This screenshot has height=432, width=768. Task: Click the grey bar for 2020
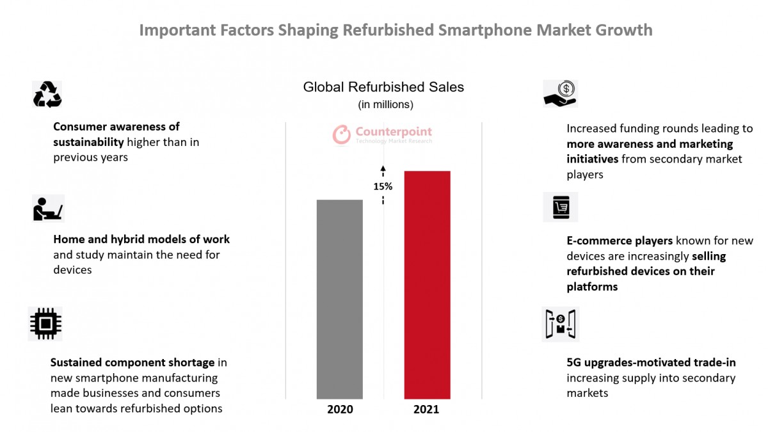pos(339,299)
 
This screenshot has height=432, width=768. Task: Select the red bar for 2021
pos(427,285)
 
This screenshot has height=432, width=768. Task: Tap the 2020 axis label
pos(340,409)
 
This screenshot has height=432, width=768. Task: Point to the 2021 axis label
pos(426,409)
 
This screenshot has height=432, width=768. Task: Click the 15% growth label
pos(383,186)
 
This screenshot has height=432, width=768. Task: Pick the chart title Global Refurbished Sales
pos(383,87)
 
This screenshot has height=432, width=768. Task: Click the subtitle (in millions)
pos(385,104)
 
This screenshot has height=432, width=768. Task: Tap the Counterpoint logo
pos(382,134)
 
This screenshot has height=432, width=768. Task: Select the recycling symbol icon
pos(47,95)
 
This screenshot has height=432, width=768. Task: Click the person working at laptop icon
pos(48,209)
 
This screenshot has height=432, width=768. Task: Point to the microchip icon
pos(45,323)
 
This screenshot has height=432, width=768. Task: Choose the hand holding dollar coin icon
pos(560,93)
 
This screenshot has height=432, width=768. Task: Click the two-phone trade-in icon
pos(560,324)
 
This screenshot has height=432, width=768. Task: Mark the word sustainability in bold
pos(88,142)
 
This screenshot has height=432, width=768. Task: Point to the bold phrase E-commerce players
pos(620,241)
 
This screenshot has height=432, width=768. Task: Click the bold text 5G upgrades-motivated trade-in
pos(651,362)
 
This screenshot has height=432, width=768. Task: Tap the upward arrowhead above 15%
pos(383,169)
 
